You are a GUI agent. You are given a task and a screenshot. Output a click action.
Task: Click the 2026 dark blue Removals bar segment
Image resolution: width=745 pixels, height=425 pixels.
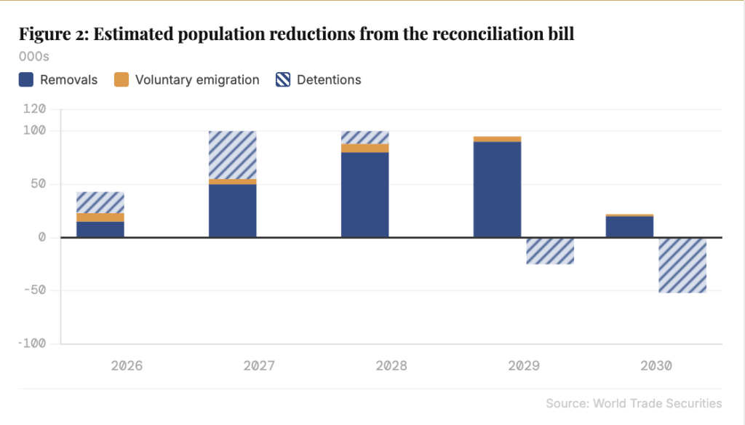pyautogui.click(x=100, y=229)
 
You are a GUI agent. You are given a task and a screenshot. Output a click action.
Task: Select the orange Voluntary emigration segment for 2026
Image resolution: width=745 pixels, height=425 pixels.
pyautogui.click(x=100, y=218)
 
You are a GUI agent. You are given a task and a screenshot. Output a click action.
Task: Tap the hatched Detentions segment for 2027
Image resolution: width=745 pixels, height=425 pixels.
pyautogui.click(x=233, y=155)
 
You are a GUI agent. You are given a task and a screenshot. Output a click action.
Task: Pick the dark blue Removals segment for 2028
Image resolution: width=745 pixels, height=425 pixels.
pyautogui.click(x=365, y=194)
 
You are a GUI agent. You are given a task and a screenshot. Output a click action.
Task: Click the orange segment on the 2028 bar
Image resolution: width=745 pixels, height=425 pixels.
pyautogui.click(x=365, y=148)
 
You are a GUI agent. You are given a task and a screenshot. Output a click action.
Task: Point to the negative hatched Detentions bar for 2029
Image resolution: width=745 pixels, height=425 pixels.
pyautogui.click(x=550, y=251)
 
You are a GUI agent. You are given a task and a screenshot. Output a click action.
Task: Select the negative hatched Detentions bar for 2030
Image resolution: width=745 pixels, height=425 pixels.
pyautogui.click(x=682, y=266)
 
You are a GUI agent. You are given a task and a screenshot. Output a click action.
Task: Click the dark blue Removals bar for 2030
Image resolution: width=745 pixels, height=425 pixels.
pyautogui.click(x=629, y=227)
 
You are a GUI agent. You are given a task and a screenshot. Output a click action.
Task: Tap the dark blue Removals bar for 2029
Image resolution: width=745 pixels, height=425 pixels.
pyautogui.click(x=497, y=189)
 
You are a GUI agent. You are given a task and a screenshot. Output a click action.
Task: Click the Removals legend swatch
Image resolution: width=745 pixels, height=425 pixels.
pyautogui.click(x=26, y=79)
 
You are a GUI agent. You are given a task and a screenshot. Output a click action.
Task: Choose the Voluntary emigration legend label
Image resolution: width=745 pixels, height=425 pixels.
pyautogui.click(x=197, y=79)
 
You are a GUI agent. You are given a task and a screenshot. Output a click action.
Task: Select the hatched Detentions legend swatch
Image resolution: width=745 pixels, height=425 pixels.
pyautogui.click(x=283, y=79)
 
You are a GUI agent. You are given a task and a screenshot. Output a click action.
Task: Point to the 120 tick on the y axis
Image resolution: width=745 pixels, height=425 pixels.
pyautogui.click(x=35, y=109)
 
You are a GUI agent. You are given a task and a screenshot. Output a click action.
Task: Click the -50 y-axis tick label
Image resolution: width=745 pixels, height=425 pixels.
pyautogui.click(x=35, y=290)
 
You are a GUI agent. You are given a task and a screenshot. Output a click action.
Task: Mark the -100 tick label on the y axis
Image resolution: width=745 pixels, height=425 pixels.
pyautogui.click(x=32, y=343)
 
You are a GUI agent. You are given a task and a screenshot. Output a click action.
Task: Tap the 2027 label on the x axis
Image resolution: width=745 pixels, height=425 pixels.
pyautogui.click(x=259, y=365)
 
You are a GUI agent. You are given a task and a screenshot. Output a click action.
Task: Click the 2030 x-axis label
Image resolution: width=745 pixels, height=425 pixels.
pyautogui.click(x=656, y=365)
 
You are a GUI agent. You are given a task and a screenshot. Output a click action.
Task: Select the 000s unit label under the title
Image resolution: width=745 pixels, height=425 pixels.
pyautogui.click(x=33, y=57)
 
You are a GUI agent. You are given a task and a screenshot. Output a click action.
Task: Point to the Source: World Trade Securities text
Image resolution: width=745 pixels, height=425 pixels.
pyautogui.click(x=634, y=403)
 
